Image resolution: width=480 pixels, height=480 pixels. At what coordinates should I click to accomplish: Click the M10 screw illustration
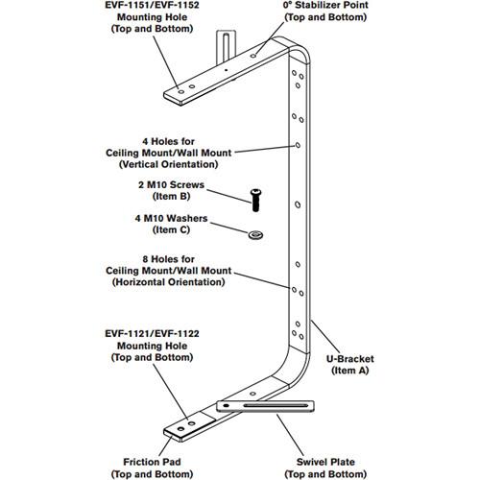pyautogui.click(x=257, y=198)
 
